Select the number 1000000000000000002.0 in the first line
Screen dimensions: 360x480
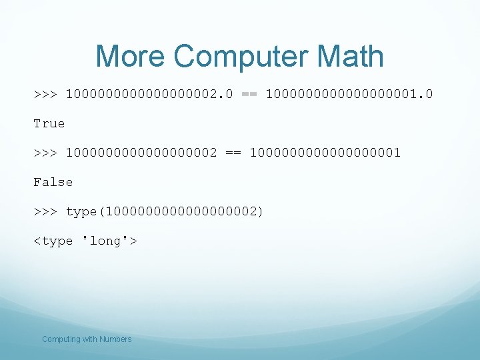pos(149,94)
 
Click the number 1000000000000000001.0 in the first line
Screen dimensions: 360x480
pos(349,94)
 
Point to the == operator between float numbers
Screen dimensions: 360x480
pos(249,94)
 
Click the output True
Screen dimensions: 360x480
pos(49,123)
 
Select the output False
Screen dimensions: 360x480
pos(53,182)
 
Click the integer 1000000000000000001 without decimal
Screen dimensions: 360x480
pos(325,153)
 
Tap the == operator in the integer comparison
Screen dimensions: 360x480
pos(233,153)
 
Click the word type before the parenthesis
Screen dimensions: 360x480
pos(81,211)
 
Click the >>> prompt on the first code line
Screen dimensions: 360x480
pos(45,94)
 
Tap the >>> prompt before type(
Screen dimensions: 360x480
pos(45,211)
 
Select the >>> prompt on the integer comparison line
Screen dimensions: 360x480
pos(45,153)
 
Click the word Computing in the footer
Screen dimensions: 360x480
pos(61,339)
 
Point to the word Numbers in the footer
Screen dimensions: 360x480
pos(115,339)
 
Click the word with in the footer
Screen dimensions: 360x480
pos(89,339)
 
